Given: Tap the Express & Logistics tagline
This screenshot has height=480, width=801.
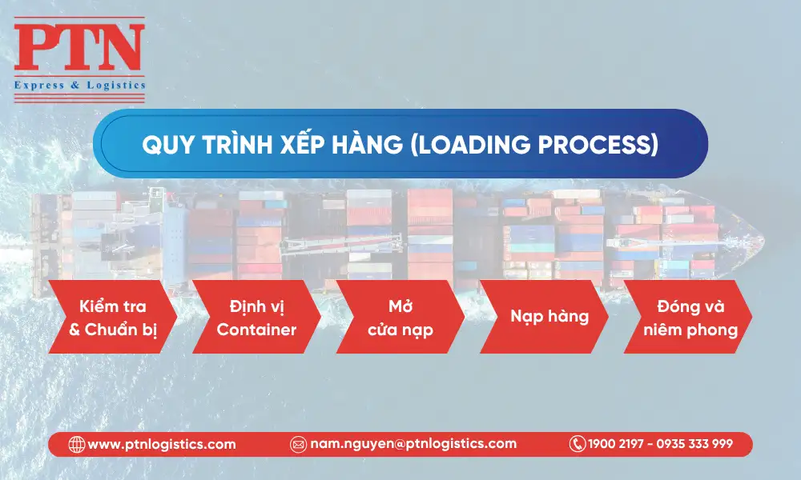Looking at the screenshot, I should [79, 84].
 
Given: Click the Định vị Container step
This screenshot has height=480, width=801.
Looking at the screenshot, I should [256, 317].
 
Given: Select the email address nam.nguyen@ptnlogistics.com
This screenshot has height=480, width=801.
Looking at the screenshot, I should [413, 444].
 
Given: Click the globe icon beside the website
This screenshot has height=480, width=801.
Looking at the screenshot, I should [77, 444].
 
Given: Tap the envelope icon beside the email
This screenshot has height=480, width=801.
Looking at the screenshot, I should [298, 444].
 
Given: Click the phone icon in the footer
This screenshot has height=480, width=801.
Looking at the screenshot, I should [577, 444].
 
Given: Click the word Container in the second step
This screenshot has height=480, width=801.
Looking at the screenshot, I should [256, 329].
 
